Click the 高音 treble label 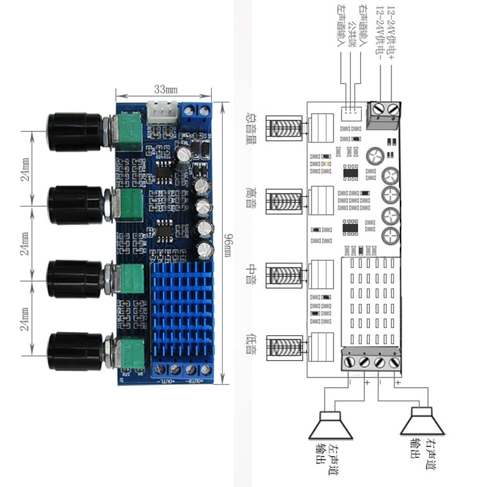pos(249,198)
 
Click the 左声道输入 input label pos(342,27)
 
